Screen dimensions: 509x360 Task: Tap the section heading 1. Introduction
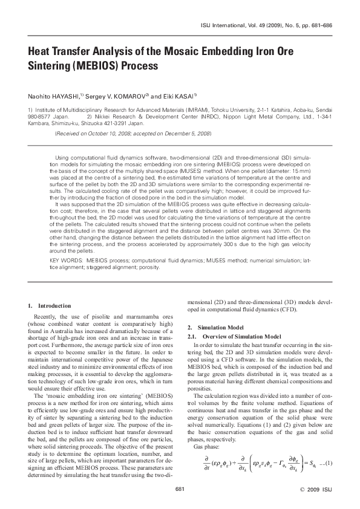pyautogui.click(x=50, y=306)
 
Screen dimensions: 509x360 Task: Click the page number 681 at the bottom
pyautogui.click(x=180, y=488)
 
